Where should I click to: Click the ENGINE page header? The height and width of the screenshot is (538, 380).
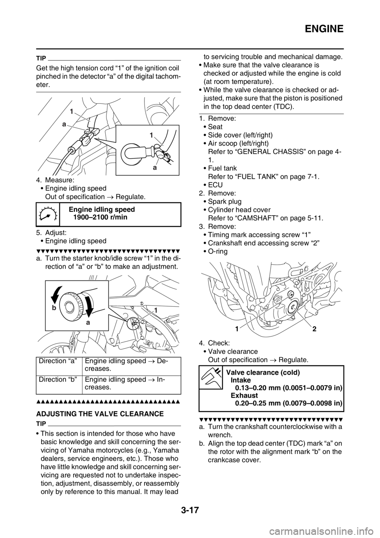pyautogui.click(x=324, y=29)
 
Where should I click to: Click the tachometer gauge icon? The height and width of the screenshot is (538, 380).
pyautogui.click(x=48, y=214)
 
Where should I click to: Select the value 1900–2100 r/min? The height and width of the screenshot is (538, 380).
pyautogui.click(x=100, y=217)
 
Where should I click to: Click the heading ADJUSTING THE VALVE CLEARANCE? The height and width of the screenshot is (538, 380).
pyautogui.click(x=100, y=414)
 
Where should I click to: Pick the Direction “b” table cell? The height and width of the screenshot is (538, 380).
pyautogui.click(x=59, y=385)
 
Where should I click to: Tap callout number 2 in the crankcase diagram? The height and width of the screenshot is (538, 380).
pyautogui.click(x=314, y=329)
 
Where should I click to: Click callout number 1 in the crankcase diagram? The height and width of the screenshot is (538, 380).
pyautogui.click(x=237, y=329)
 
